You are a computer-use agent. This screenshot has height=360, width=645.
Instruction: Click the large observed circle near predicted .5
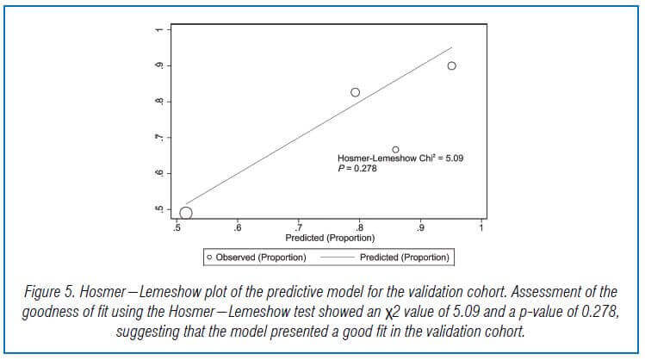(185, 213)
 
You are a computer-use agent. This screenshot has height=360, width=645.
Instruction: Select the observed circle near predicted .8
(355, 92)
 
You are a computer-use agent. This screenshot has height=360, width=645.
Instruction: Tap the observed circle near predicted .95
(451, 66)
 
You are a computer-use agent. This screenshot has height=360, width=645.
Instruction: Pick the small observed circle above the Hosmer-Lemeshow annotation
(395, 149)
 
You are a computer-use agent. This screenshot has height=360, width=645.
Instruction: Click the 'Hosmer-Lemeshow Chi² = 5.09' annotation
(400, 159)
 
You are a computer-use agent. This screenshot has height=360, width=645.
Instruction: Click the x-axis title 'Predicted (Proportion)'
(330, 238)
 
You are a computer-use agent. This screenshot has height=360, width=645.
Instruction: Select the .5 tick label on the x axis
(177, 228)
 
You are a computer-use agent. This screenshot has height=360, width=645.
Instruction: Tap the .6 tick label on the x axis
(238, 228)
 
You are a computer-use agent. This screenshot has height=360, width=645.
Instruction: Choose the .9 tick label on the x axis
(420, 228)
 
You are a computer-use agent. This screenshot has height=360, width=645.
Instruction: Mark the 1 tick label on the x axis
(482, 228)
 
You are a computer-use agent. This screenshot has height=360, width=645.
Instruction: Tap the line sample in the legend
(337, 257)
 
